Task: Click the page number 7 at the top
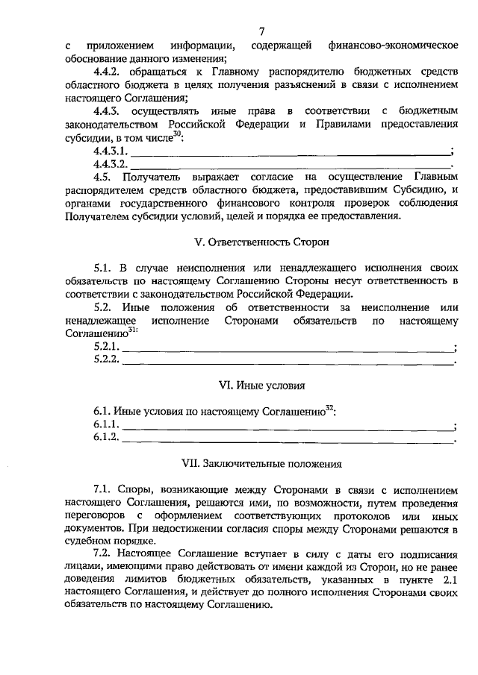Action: coord(261,31)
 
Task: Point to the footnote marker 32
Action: coord(329,407)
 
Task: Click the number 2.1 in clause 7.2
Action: coord(447,580)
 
